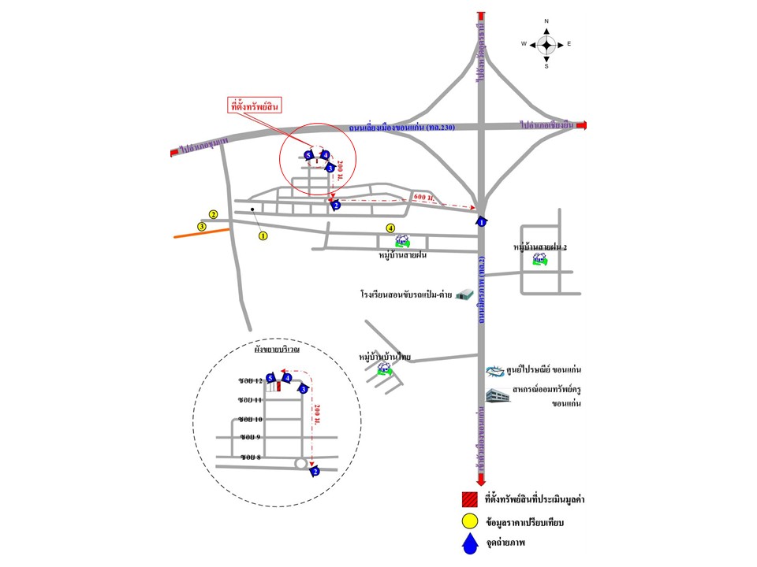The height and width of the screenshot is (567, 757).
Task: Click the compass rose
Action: (x=546, y=44)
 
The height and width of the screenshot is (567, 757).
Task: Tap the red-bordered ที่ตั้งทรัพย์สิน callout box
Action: (x=255, y=106)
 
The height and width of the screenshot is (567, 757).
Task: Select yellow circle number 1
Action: (x=263, y=235)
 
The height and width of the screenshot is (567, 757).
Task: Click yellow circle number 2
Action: (x=213, y=214)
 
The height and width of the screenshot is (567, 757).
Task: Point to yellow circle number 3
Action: (x=202, y=227)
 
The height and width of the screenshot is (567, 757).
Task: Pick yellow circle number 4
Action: (x=390, y=228)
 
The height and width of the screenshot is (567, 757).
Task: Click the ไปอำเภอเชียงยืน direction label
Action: (x=550, y=125)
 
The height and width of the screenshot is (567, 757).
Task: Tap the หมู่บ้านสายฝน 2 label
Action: (x=540, y=247)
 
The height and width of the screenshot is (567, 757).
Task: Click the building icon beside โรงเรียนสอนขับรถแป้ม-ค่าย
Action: (x=468, y=295)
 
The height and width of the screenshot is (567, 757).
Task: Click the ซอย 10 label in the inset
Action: (x=251, y=419)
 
